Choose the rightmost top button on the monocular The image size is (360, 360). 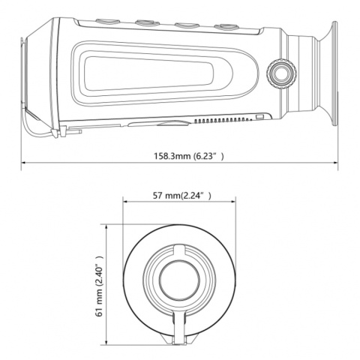(223, 27)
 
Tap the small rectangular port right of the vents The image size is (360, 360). (259, 117)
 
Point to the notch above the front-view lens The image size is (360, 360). (178, 249)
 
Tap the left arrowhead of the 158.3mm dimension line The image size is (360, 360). (23, 166)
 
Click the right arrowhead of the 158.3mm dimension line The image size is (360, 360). (335, 166)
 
